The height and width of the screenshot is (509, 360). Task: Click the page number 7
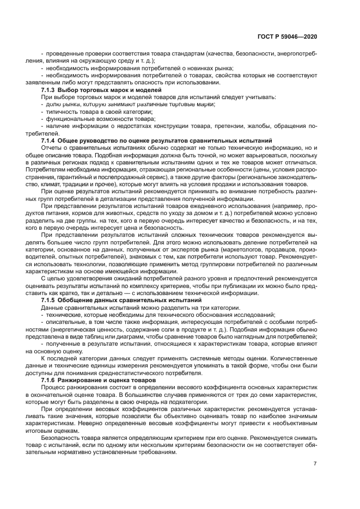coord(315,463)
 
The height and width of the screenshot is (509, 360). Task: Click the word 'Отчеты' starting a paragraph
coord(51,148)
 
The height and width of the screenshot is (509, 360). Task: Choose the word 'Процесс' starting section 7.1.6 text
coord(53,388)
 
